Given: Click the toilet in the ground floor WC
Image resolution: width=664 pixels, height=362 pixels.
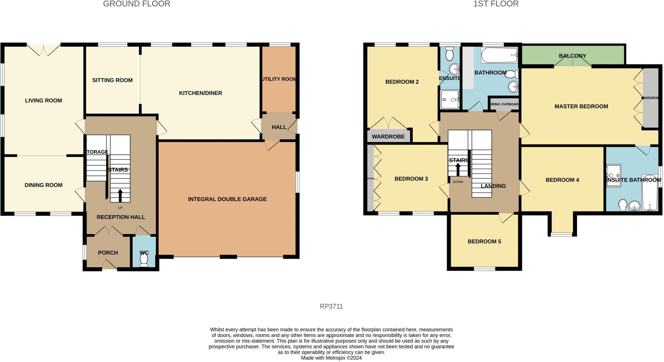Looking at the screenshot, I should pos(144,259).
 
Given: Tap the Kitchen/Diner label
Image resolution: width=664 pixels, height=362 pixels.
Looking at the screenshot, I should pos(200,93).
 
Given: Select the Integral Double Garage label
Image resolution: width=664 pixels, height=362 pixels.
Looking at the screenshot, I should pos(227,199).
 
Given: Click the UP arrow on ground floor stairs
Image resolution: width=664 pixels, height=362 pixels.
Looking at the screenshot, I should pos(120,196).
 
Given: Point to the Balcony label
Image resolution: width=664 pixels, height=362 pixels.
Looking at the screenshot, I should pos(572,56).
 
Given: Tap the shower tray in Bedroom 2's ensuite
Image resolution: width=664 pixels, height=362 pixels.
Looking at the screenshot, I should pos(450,99).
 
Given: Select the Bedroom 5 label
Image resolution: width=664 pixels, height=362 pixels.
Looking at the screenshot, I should pos(484,242).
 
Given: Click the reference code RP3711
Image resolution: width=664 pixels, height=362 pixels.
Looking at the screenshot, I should pos(331,306).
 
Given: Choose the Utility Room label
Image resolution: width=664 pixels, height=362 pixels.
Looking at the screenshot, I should pos(279,79).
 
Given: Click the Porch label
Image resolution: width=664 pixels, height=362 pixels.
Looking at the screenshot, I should pos(108,253).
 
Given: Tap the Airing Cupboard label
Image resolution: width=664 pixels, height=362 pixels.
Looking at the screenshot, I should pos(504,104).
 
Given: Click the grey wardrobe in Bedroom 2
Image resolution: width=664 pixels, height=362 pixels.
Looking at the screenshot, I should pos(388,136).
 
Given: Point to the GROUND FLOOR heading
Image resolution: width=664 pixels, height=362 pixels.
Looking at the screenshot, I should pos(136,4).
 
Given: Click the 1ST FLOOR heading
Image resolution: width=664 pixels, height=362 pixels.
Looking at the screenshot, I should pos(496,4).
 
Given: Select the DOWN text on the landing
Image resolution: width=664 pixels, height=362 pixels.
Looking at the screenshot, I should pos(458,182).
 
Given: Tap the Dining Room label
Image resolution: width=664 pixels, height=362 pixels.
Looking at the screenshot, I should pos(43,185).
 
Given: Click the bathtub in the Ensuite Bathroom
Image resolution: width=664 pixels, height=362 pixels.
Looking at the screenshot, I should pos(649,193).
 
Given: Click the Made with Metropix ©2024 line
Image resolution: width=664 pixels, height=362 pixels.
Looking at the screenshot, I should pos(331,358).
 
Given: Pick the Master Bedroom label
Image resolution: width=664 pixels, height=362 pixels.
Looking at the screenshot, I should pos(581,106).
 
